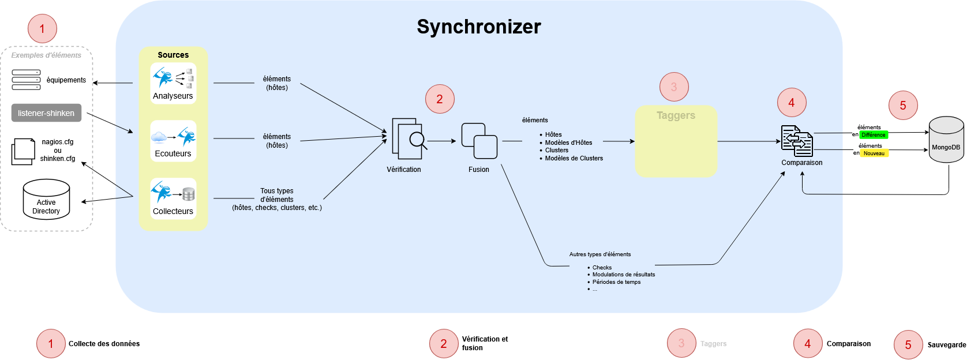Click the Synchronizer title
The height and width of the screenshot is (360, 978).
click(x=479, y=27)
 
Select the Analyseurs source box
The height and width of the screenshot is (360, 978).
click(x=173, y=83)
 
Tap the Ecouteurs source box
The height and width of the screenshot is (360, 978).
click(x=173, y=141)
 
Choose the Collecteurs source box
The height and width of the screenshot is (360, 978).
click(x=173, y=198)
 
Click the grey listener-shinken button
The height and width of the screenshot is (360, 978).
click(x=46, y=113)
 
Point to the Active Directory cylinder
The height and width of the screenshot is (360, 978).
click(x=46, y=199)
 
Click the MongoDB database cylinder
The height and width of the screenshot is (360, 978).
click(x=946, y=140)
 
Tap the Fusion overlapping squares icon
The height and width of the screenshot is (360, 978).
click(x=479, y=141)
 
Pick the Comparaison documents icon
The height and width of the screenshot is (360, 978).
click(x=797, y=141)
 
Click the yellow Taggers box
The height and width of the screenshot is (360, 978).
click(x=676, y=141)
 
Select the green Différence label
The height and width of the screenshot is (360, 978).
click(x=874, y=135)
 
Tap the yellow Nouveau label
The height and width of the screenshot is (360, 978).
click(x=874, y=153)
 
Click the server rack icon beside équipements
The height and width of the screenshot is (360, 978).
click(x=27, y=80)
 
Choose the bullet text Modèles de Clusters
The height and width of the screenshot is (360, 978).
click(x=574, y=158)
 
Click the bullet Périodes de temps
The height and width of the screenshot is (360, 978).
click(x=616, y=282)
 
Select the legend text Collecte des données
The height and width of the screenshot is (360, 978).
click(x=104, y=344)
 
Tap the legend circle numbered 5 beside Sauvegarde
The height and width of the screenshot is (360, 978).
click(x=908, y=344)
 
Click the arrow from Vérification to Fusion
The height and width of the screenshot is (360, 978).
click(x=441, y=141)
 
